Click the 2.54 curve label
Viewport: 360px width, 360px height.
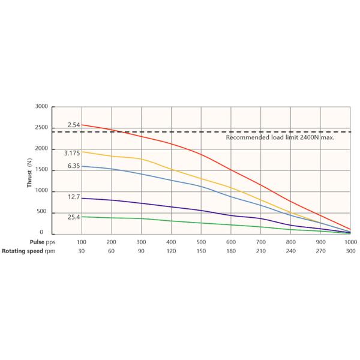click(x=73, y=125)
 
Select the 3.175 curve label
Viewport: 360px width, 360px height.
click(x=72, y=153)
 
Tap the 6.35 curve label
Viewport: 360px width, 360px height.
click(x=73, y=166)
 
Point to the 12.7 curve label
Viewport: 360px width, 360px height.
click(x=73, y=196)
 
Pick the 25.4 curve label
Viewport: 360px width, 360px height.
click(x=73, y=217)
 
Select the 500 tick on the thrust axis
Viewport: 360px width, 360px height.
click(x=43, y=212)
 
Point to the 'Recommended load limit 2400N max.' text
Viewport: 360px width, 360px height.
click(x=280, y=137)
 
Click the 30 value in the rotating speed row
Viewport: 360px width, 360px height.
click(x=82, y=251)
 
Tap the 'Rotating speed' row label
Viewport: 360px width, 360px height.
click(x=22, y=251)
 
